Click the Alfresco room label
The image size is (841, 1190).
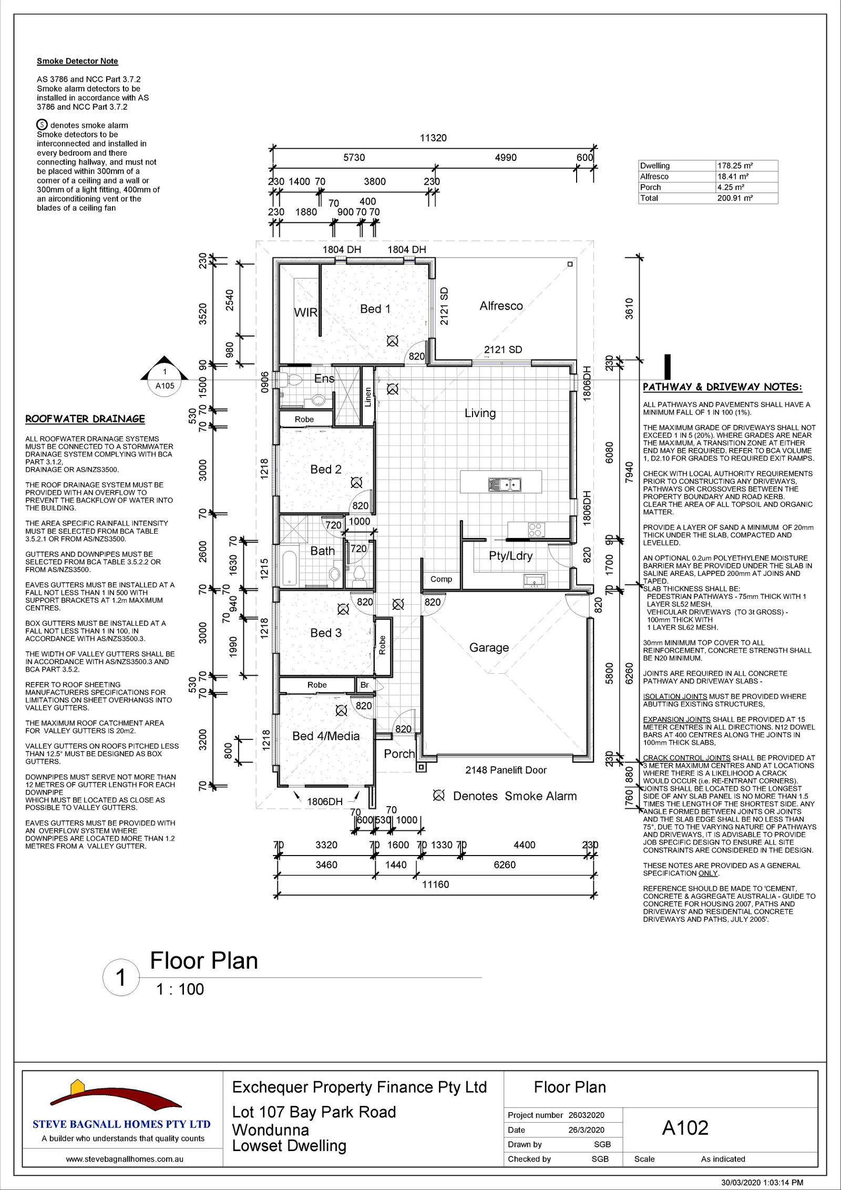tap(501, 306)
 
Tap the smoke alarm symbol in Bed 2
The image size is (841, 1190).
tap(356, 482)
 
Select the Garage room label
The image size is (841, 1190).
tap(489, 648)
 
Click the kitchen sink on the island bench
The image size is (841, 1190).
tap(504, 484)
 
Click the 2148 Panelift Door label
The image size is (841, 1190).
tap(506, 770)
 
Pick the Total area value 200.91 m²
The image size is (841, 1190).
tap(735, 198)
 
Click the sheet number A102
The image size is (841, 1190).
tap(685, 1128)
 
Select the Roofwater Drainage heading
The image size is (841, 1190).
tap(85, 419)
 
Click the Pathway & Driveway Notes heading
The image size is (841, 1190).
tap(723, 387)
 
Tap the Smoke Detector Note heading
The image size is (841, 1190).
tap(77, 61)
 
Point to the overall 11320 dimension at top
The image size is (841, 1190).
tap(433, 138)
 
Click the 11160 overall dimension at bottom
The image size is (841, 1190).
tap(436, 884)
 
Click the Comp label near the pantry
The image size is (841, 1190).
tap(441, 579)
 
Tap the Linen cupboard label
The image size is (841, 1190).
tap(368, 397)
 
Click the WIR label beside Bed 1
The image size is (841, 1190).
tap(305, 312)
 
